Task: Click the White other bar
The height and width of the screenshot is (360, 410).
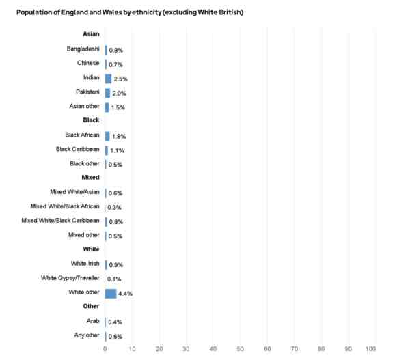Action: (x=111, y=293)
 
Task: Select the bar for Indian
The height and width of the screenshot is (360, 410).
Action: (x=108, y=79)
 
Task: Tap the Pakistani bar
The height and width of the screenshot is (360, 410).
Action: (x=107, y=93)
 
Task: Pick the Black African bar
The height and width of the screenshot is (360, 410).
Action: (x=107, y=136)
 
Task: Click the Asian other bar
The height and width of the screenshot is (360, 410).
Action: (x=107, y=107)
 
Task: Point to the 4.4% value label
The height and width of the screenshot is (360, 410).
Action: (x=125, y=294)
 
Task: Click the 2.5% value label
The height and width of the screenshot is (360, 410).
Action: (x=120, y=79)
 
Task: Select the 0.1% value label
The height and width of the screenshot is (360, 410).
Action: (x=113, y=279)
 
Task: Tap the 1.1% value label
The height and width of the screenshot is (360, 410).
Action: (x=116, y=150)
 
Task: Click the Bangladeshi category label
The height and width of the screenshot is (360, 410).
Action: (x=83, y=49)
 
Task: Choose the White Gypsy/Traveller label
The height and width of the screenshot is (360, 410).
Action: (x=70, y=278)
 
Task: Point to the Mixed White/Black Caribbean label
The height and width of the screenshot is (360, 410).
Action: (x=61, y=221)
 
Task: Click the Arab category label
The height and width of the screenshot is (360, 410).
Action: (x=92, y=321)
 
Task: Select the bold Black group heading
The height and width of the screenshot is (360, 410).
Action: (x=91, y=120)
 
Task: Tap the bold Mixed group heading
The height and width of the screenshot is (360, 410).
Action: (x=91, y=178)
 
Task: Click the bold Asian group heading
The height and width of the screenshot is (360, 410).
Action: (x=91, y=34)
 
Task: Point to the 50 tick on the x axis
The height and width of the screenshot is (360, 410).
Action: (x=240, y=349)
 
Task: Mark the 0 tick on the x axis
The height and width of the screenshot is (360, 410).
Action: (x=105, y=349)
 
